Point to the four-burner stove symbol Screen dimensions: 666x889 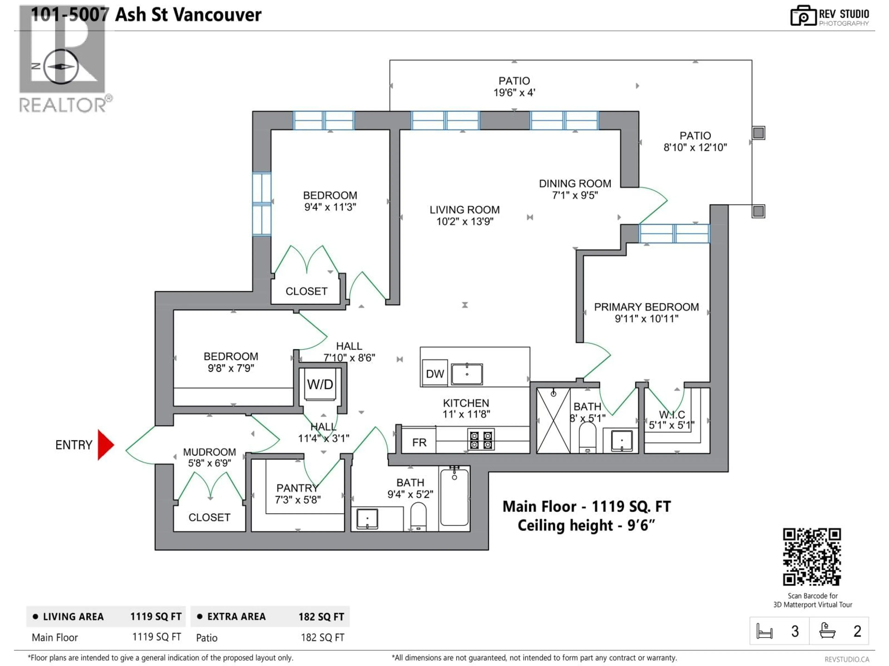(481, 440)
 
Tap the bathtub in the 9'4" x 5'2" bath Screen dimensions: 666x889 (454, 498)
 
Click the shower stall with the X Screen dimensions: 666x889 (553, 420)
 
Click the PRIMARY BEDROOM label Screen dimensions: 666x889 (646, 307)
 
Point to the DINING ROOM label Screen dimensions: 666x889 (575, 184)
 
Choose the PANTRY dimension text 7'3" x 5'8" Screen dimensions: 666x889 (298, 500)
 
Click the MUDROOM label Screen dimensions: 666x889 (209, 452)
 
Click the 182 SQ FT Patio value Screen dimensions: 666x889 (322, 638)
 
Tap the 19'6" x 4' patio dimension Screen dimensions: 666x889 (514, 93)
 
